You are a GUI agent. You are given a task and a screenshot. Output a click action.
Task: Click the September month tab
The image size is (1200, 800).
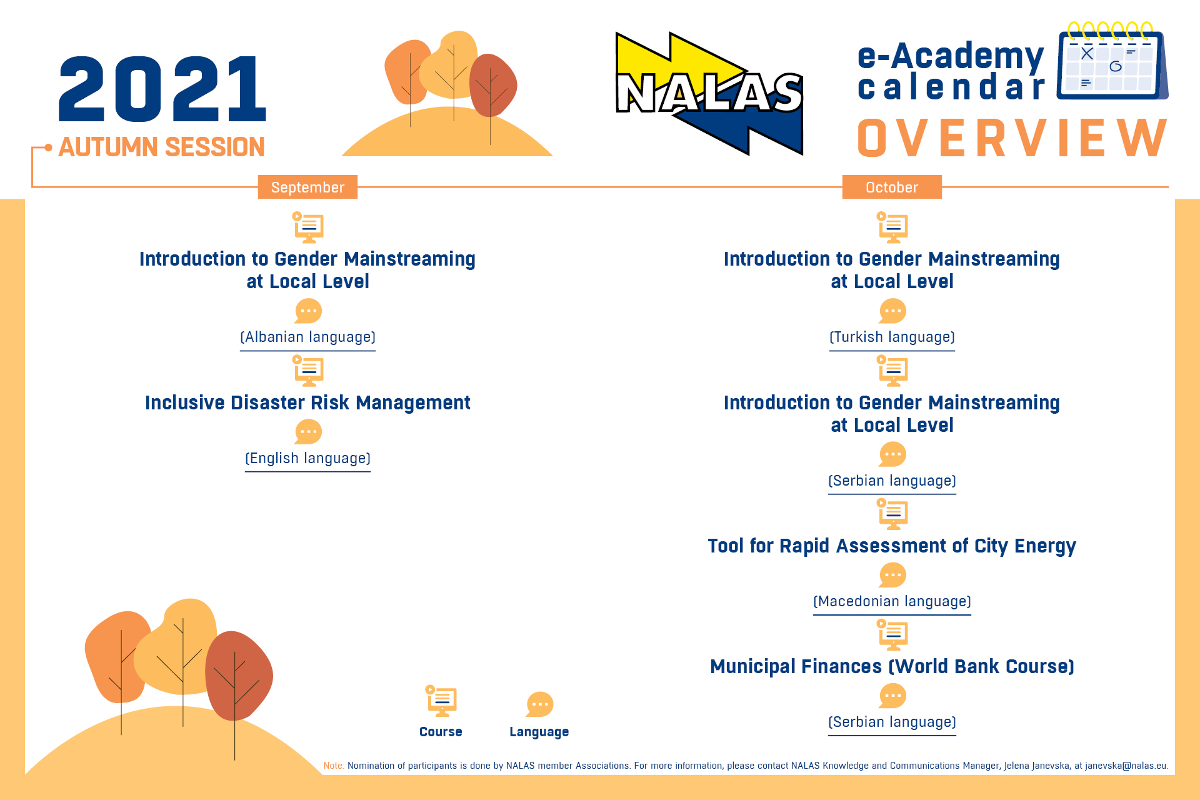point(307,187)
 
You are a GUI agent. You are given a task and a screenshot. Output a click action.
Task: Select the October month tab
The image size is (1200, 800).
point(891,187)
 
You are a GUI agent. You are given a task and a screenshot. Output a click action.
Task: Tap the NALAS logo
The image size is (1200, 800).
point(709,93)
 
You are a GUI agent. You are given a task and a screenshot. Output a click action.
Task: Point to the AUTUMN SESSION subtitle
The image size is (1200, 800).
point(161,147)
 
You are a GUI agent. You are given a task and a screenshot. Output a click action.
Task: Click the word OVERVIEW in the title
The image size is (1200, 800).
point(1012,139)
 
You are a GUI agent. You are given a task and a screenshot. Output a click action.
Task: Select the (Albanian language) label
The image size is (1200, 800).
point(307,337)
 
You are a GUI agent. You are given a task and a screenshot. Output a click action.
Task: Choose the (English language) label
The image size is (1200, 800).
point(307,458)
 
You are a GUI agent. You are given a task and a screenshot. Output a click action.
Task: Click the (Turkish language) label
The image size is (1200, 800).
point(892,337)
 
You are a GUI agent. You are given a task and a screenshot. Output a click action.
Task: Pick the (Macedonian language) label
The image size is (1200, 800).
point(892,601)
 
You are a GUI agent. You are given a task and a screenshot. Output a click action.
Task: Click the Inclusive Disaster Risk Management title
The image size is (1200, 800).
point(307,402)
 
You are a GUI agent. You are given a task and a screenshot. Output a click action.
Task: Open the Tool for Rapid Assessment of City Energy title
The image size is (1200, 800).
point(892,546)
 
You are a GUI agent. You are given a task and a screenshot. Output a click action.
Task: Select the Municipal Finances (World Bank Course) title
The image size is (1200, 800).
point(892,666)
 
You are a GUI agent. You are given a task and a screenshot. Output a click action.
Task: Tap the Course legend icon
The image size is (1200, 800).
point(441,701)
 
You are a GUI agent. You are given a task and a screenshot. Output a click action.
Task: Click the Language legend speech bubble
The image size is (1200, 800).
point(539,704)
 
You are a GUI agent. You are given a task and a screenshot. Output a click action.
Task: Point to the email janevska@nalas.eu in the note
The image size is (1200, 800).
point(1126,766)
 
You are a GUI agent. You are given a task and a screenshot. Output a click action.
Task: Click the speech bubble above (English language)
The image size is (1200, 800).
point(308,432)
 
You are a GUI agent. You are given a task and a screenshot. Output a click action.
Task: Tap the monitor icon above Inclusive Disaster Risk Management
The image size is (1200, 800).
point(308,371)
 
